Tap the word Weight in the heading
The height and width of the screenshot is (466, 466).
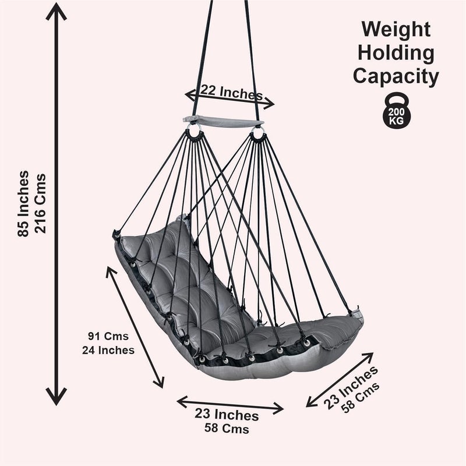tap(396, 30)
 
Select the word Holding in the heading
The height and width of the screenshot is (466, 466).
tap(396, 53)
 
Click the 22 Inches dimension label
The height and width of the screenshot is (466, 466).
tap(232, 92)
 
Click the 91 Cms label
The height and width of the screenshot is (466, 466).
tap(108, 337)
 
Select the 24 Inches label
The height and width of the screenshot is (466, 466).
tap(108, 350)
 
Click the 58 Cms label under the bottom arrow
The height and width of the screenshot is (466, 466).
tap(227, 429)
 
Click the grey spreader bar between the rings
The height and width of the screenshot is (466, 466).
tap(224, 122)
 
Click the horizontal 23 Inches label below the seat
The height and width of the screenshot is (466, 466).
tap(227, 415)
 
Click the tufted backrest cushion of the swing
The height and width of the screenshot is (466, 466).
tap(175, 274)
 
